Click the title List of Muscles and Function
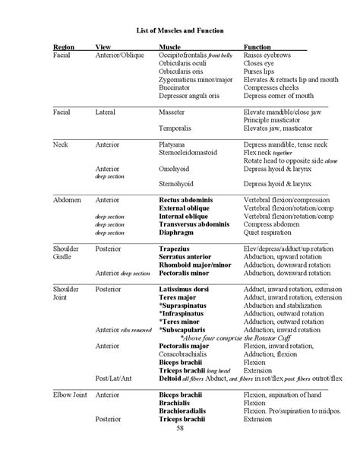[x=179, y=29]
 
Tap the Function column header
[x=259, y=47]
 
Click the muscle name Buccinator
[x=175, y=87]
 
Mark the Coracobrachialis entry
[x=187, y=353]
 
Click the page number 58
[x=179, y=427]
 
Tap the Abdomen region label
[x=67, y=199]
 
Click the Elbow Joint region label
[x=70, y=394]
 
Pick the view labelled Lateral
[x=106, y=112]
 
